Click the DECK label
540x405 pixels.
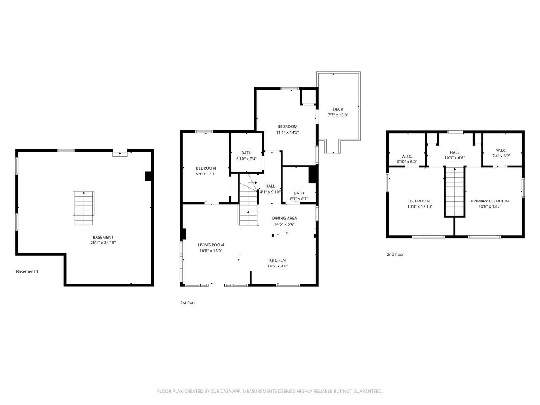(x=338, y=109)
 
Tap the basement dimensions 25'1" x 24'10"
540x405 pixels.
(x=103, y=243)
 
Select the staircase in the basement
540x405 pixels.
(x=84, y=208)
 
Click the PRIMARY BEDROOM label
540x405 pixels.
(x=490, y=201)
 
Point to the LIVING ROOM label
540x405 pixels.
(x=211, y=245)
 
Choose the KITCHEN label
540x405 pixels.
(x=277, y=260)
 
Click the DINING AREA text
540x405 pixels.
(x=284, y=218)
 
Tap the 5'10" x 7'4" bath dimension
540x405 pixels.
(x=246, y=159)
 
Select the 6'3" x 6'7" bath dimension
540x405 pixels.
(x=299, y=199)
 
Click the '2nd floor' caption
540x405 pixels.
(x=395, y=254)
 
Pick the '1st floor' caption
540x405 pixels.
(x=188, y=302)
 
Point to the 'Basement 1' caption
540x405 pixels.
(x=27, y=272)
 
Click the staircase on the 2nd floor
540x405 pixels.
(x=454, y=192)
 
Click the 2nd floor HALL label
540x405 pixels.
(x=454, y=152)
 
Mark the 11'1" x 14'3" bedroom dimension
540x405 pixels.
(x=287, y=132)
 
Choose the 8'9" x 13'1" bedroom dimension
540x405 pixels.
(x=205, y=174)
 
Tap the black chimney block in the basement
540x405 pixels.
(x=148, y=176)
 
